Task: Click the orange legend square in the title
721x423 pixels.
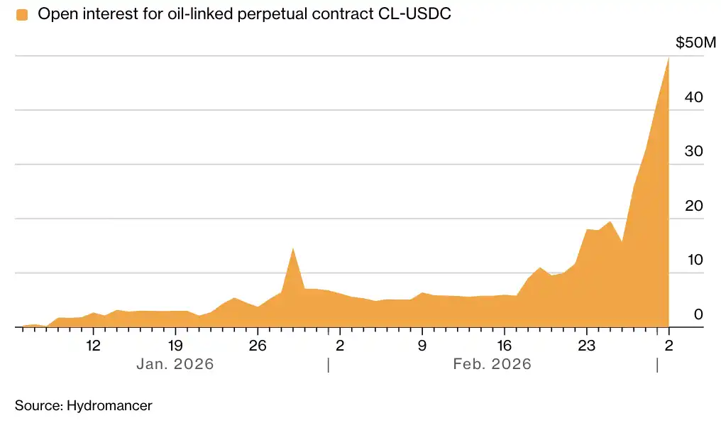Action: pyautogui.click(x=22, y=14)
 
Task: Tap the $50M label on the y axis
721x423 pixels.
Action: pyautogui.click(x=695, y=43)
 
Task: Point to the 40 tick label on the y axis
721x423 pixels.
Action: pyautogui.click(x=693, y=97)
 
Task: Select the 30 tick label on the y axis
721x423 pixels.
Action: pyautogui.click(x=693, y=152)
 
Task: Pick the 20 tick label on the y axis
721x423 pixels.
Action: pyautogui.click(x=693, y=206)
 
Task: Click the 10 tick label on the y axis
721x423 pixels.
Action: pyautogui.click(x=693, y=260)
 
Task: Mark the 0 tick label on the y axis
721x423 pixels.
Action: pyautogui.click(x=698, y=314)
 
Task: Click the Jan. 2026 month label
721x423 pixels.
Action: pyautogui.click(x=175, y=364)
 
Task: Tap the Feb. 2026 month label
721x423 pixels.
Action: pyautogui.click(x=492, y=364)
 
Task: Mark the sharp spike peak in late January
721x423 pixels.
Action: pyautogui.click(x=293, y=249)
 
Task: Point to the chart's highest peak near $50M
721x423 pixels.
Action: pyautogui.click(x=668, y=59)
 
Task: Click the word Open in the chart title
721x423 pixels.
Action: pyautogui.click(x=54, y=14)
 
